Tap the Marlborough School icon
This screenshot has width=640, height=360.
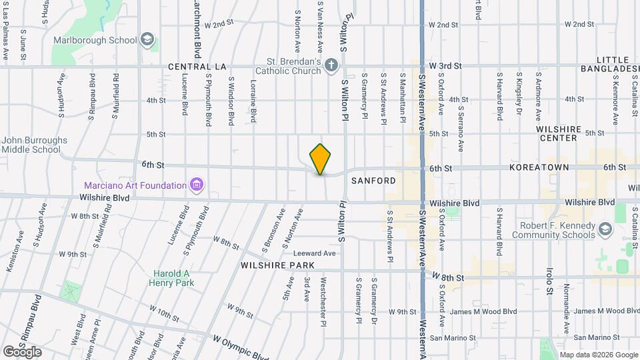146,40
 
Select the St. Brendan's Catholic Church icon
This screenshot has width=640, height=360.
332,65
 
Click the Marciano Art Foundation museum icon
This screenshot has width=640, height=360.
196,184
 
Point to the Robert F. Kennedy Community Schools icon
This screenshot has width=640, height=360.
605,230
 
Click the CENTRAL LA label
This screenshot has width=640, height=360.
197,67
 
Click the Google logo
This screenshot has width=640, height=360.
22,351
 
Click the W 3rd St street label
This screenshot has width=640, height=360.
445,66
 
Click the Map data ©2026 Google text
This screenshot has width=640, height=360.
599,355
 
